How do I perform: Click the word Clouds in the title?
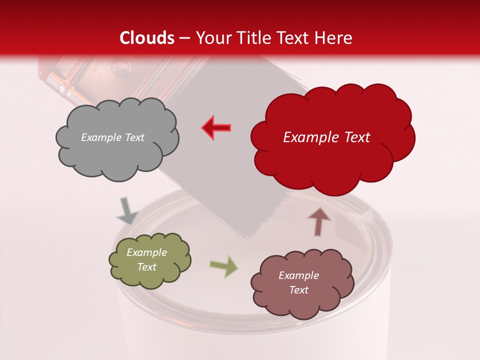pyautogui.click(x=147, y=38)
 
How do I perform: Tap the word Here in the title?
pyautogui.click(x=333, y=38)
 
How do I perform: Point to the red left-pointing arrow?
pyautogui.click(x=216, y=127)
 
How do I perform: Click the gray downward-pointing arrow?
pyautogui.click(x=127, y=212)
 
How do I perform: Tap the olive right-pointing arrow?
pyautogui.click(x=224, y=266)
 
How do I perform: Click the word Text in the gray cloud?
pyautogui.click(x=133, y=137)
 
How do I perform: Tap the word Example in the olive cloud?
pyautogui.click(x=146, y=252)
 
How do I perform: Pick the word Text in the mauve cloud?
pyautogui.click(x=298, y=290)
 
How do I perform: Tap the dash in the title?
pyautogui.click(x=184, y=38)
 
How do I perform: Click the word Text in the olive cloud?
pyautogui.click(x=147, y=267)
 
